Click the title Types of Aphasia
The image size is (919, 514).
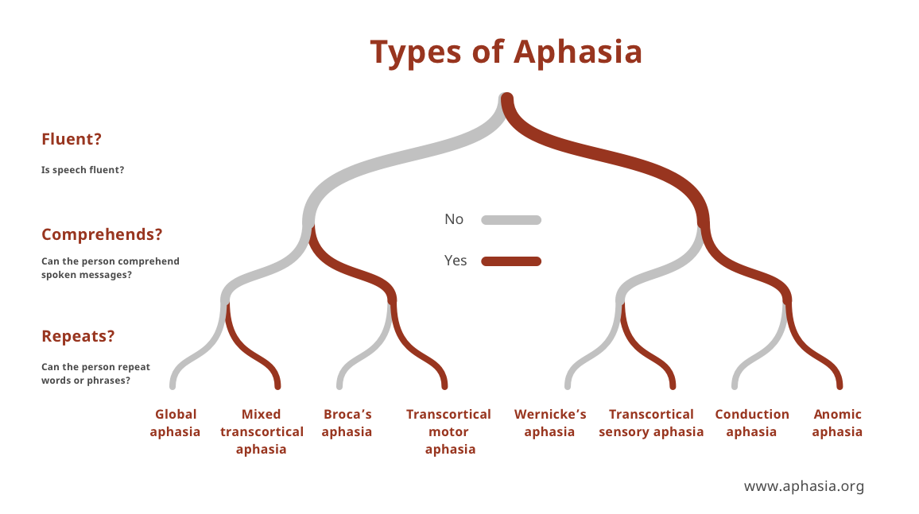click(x=506, y=52)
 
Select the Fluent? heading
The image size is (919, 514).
click(x=72, y=139)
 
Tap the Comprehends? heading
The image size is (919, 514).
click(x=102, y=235)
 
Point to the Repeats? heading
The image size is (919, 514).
click(x=78, y=336)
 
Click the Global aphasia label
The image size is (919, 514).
click(x=175, y=423)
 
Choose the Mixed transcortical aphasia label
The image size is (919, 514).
click(x=262, y=431)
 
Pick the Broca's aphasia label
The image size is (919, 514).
click(x=347, y=423)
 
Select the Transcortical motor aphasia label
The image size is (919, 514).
click(x=448, y=431)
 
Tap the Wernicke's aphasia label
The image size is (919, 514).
click(x=549, y=423)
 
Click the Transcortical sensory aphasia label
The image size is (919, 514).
click(x=651, y=423)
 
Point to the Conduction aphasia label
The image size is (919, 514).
click(x=751, y=423)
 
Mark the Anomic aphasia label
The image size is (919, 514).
click(x=837, y=423)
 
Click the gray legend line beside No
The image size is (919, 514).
click(x=511, y=220)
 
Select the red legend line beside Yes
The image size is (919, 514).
click(x=511, y=261)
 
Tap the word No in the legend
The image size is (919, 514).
click(x=454, y=219)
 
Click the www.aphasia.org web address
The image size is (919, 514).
click(x=803, y=486)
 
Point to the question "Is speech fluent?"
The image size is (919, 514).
click(x=82, y=170)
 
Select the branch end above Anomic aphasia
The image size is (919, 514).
click(x=839, y=385)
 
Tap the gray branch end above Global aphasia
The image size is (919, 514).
click(x=173, y=385)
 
